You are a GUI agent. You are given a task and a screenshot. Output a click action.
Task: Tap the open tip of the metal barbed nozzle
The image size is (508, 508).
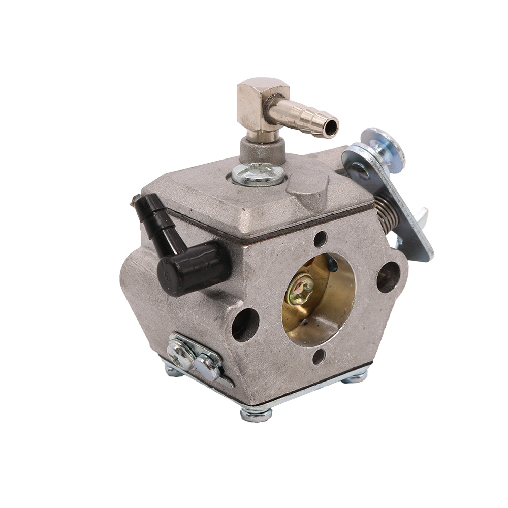click(x=331, y=128)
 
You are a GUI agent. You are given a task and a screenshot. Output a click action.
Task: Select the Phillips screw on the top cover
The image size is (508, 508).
click(x=258, y=174)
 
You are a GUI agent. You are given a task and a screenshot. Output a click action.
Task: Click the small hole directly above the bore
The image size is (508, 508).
click(x=320, y=239)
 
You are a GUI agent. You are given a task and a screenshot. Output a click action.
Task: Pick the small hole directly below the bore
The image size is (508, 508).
click(x=319, y=357)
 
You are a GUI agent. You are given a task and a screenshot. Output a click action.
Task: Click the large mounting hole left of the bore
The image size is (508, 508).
click(x=245, y=325)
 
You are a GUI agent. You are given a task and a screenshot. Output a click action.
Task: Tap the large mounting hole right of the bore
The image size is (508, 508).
click(x=388, y=277)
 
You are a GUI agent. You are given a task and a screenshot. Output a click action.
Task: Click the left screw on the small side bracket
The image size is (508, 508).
click(x=181, y=350)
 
